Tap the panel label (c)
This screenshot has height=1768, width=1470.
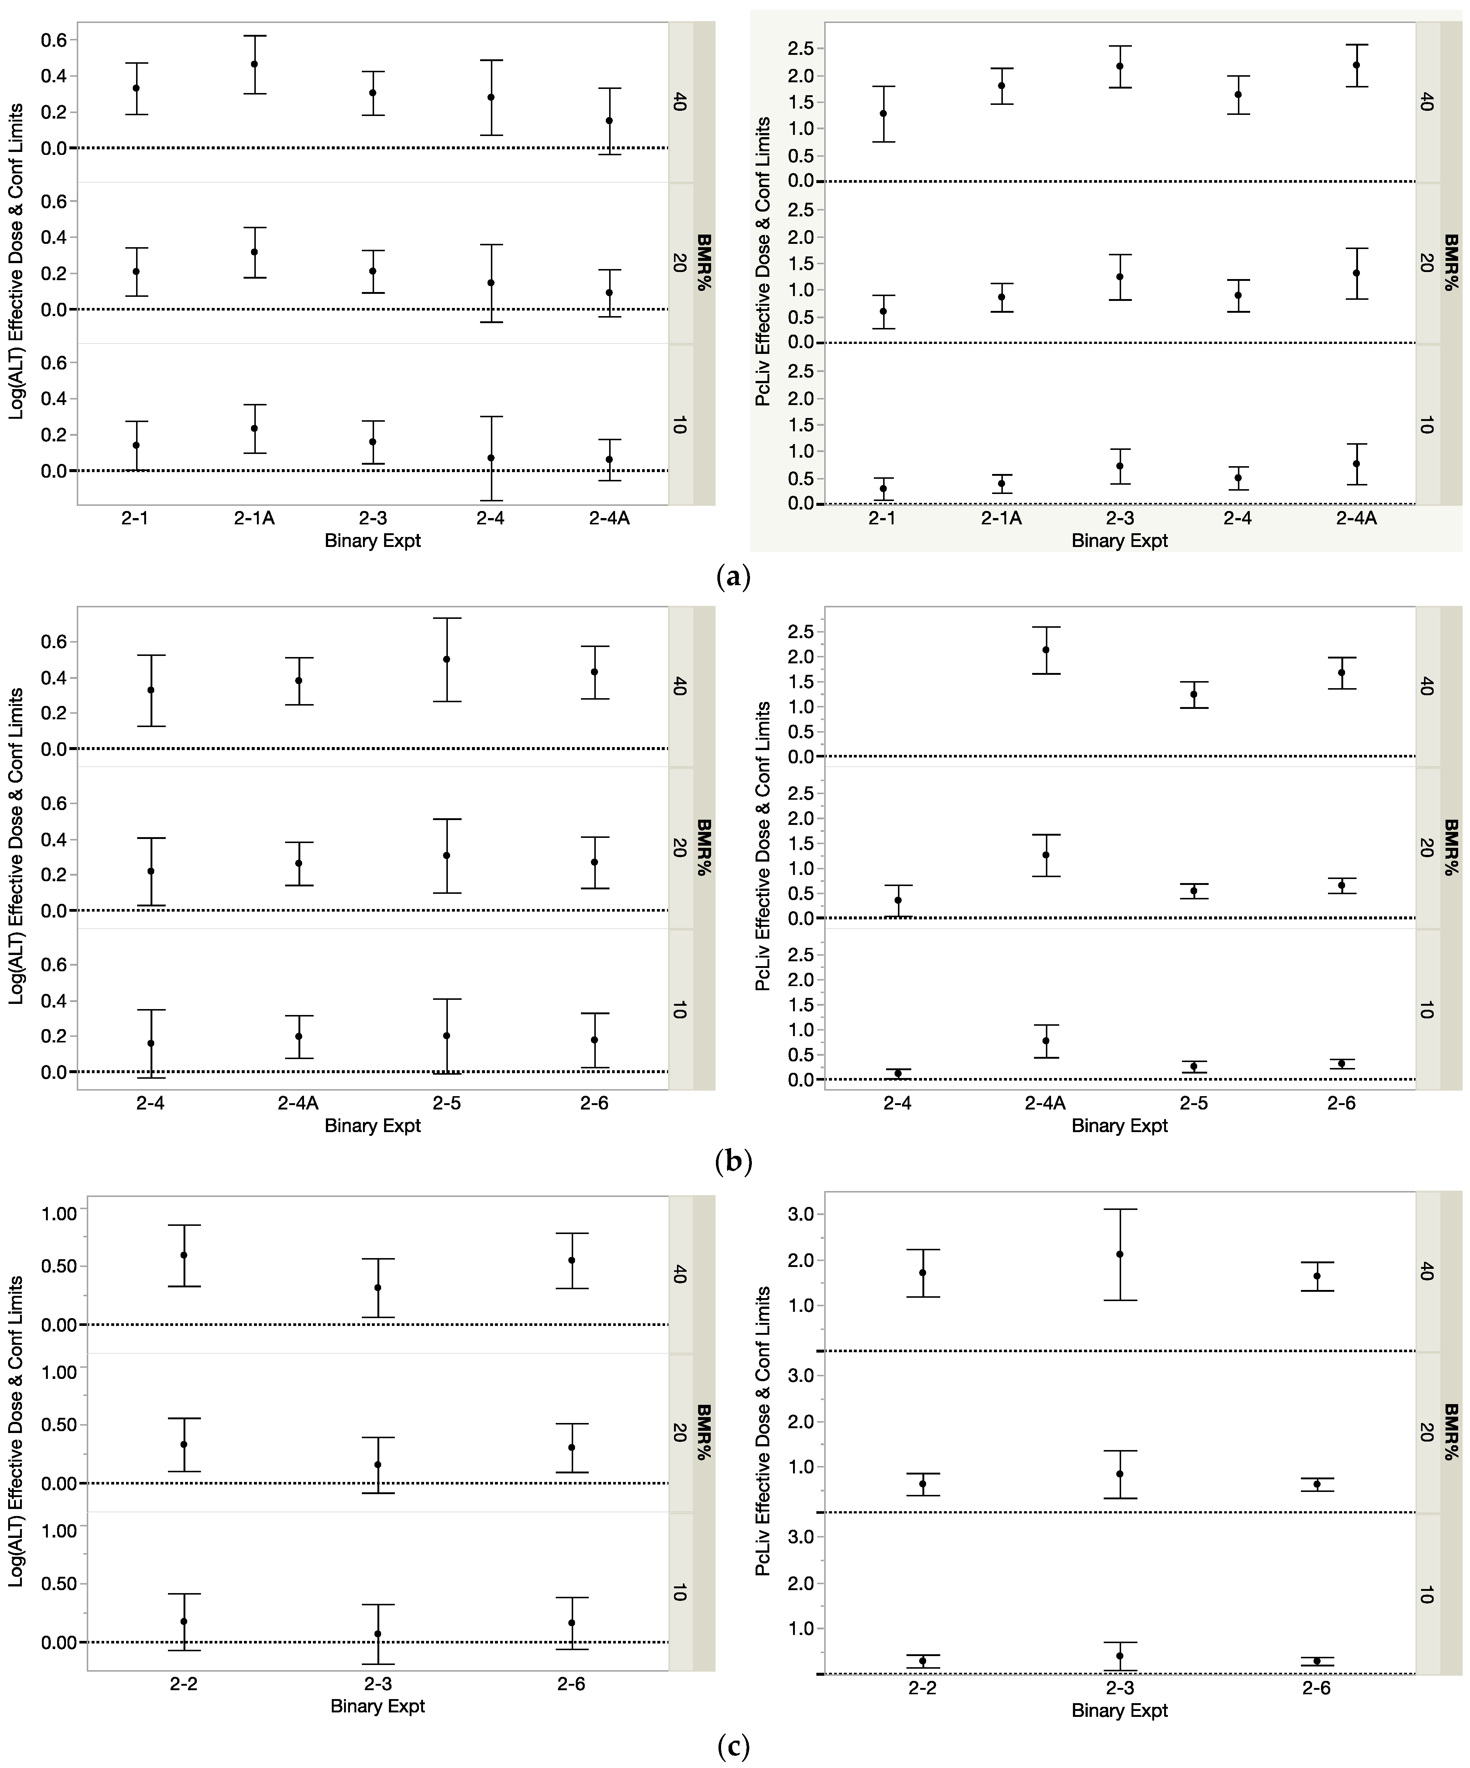[x=732, y=1747]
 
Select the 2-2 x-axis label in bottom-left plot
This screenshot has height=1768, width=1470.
[x=184, y=1684]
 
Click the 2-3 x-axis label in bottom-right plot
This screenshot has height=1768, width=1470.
[x=1120, y=1688]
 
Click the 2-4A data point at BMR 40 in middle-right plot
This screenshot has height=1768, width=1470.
[x=1045, y=650]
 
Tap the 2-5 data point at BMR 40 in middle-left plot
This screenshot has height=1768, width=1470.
[x=446, y=659]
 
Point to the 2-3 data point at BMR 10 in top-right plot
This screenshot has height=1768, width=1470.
[x=1120, y=465]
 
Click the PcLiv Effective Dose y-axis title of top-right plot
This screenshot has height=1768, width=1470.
[x=762, y=262]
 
